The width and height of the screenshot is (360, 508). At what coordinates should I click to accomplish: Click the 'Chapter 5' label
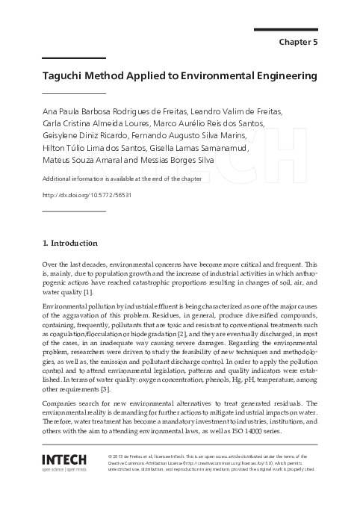[x=298, y=42]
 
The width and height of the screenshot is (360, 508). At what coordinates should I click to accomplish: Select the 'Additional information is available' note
[x=112, y=180]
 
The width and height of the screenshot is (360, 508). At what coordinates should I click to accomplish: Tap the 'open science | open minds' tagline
[x=65, y=470]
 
